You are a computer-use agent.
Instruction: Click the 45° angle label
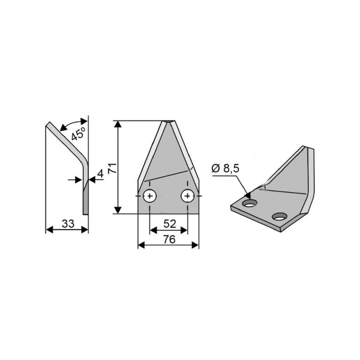pyautogui.click(x=78, y=133)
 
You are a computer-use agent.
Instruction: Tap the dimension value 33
pyautogui.click(x=68, y=224)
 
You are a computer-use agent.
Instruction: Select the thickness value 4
pyautogui.click(x=100, y=173)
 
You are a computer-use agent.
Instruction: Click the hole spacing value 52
pyautogui.click(x=170, y=224)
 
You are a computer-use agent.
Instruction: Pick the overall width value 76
pyautogui.click(x=169, y=239)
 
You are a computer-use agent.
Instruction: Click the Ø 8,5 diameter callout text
pyautogui.click(x=225, y=168)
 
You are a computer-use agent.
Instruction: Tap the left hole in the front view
pyautogui.click(x=150, y=196)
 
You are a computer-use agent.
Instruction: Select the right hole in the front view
pyautogui.click(x=188, y=196)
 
